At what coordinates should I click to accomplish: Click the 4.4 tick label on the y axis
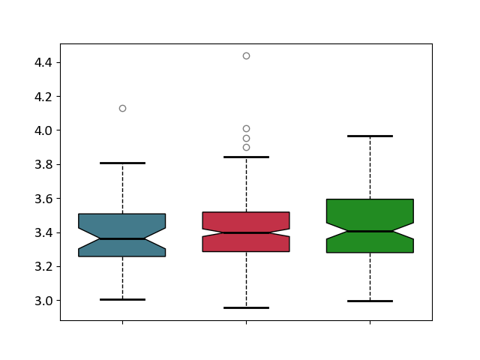pos(43,63)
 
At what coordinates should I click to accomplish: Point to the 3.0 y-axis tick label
pos(43,301)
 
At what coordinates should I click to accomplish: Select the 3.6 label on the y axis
pos(43,199)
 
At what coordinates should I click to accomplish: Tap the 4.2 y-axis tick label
pos(43,97)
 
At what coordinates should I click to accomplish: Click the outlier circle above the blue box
pos(122,108)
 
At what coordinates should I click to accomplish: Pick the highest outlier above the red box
pos(246,55)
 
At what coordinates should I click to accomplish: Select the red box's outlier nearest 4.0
pos(246,128)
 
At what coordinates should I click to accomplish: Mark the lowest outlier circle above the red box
pos(246,148)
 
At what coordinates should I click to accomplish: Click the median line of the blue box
pos(122,238)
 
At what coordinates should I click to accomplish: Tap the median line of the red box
pos(246,233)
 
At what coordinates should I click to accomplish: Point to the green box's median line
pos(370,232)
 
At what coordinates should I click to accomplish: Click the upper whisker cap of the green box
pos(370,136)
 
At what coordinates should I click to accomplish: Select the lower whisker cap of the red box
pos(246,307)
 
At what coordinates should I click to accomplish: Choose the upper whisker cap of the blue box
pos(122,163)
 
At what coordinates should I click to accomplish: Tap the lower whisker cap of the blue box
pos(122,299)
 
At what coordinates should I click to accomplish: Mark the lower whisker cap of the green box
pos(370,301)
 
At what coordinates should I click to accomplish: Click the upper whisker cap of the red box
pos(246,157)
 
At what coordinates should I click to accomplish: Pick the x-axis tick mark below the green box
pos(370,322)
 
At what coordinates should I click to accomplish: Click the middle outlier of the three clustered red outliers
pos(246,138)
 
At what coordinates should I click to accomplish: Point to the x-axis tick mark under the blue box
pos(122,322)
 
